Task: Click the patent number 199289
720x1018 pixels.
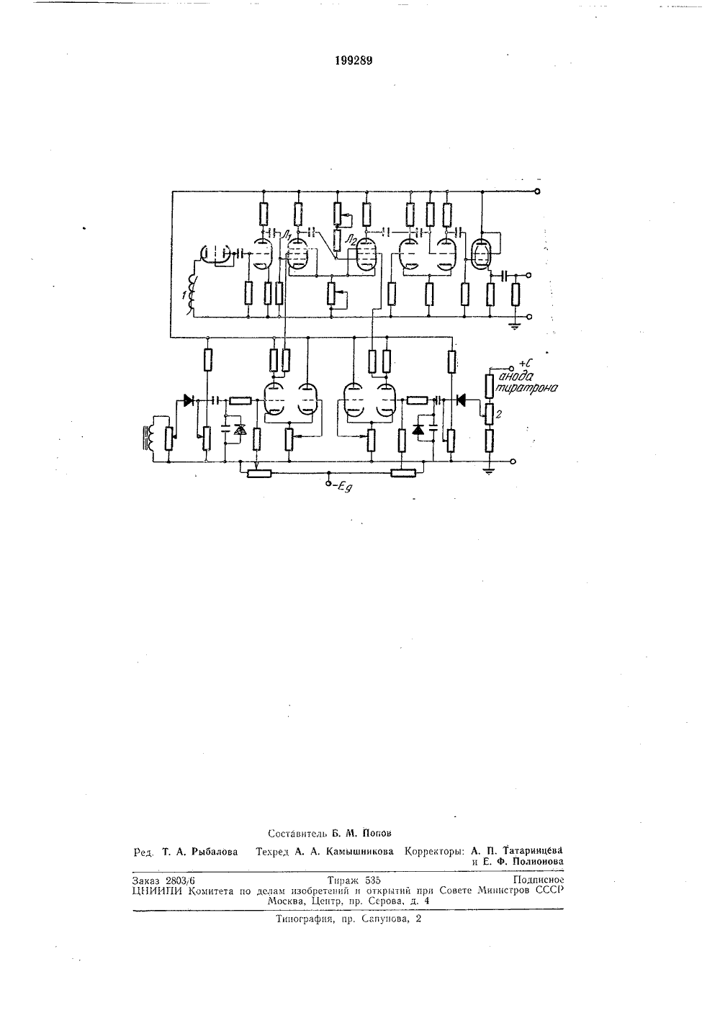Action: point(354,61)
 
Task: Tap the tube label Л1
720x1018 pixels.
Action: point(287,235)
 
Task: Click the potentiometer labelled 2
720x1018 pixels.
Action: point(489,413)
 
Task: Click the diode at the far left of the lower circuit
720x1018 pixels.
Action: point(188,400)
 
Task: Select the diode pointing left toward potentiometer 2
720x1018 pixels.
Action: point(462,400)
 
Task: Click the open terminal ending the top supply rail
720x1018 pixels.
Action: point(537,192)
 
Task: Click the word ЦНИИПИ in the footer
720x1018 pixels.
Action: point(157,891)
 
